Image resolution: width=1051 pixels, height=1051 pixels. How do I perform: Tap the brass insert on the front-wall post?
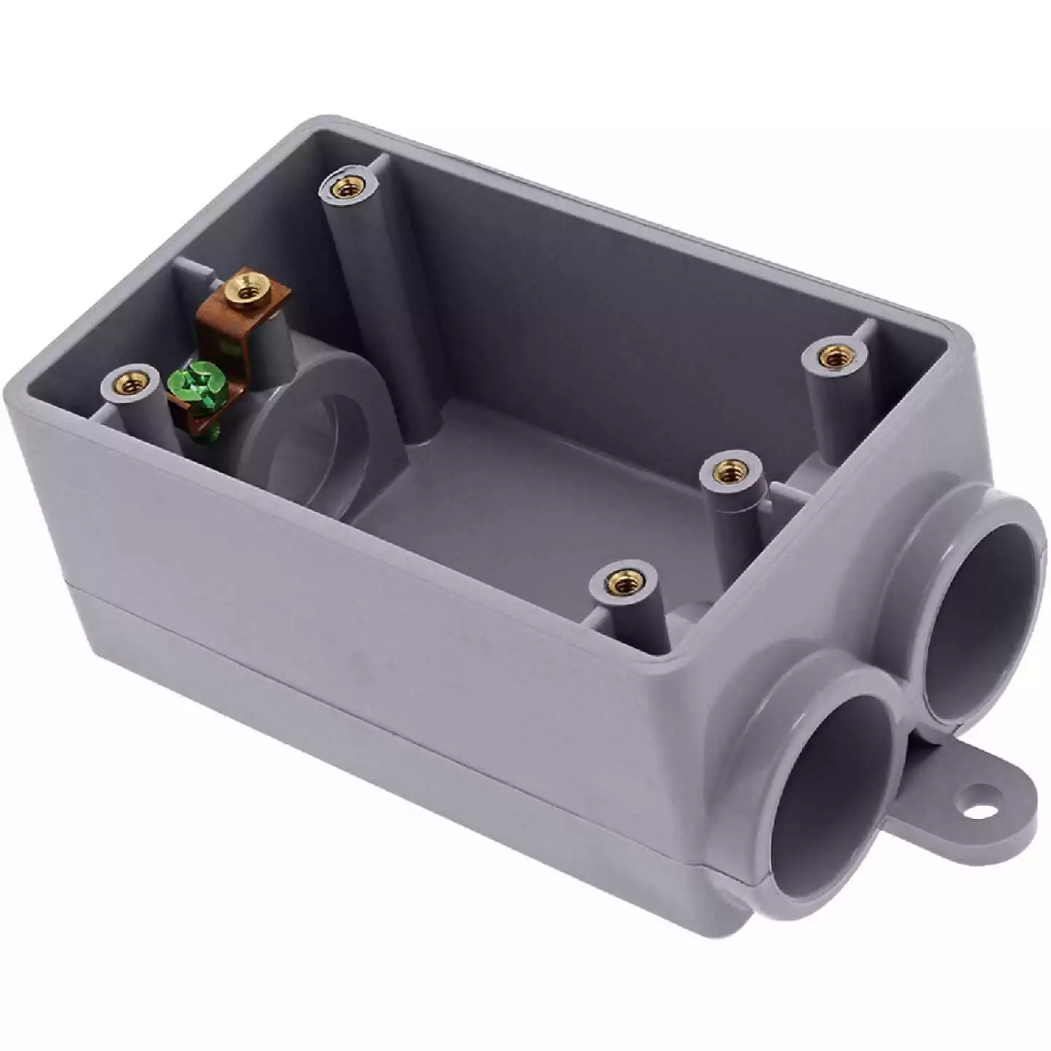pyautogui.click(x=623, y=582)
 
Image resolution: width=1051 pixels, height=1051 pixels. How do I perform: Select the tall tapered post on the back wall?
pyautogui.click(x=380, y=307)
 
